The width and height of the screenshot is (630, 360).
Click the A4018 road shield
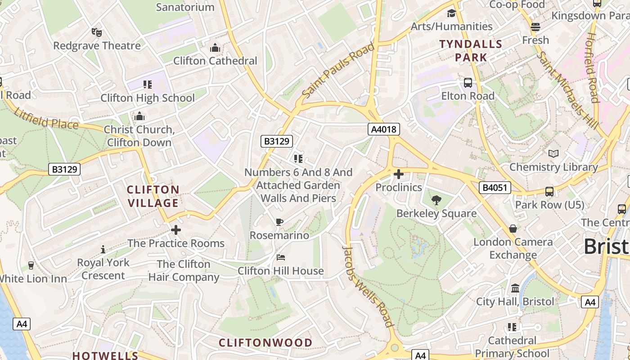(x=384, y=130)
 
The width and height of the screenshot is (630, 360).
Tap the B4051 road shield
(x=495, y=188)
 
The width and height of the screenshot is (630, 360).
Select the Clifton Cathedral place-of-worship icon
(x=215, y=48)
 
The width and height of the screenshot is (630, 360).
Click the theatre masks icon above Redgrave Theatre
(x=97, y=32)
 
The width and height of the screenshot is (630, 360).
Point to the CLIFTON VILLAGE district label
(x=153, y=196)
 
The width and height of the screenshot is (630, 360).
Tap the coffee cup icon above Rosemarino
(x=279, y=222)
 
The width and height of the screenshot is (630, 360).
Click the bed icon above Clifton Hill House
(x=281, y=257)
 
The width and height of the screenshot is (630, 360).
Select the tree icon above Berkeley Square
(x=436, y=200)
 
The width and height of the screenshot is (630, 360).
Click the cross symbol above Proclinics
(x=399, y=174)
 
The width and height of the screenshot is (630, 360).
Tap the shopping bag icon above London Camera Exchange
(x=513, y=229)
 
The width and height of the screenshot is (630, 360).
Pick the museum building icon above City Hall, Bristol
(x=515, y=288)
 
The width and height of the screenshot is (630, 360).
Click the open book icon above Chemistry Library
(x=553, y=154)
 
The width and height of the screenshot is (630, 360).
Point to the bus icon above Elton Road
(x=468, y=83)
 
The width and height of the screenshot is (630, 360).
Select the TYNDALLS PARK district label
(x=471, y=51)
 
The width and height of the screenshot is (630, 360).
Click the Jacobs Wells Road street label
(x=368, y=287)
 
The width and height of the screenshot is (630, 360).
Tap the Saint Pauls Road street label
(x=338, y=71)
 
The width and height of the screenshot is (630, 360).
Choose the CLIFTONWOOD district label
(x=265, y=343)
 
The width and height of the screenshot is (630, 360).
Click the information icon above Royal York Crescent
(x=103, y=249)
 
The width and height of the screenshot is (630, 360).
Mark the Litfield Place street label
(x=46, y=118)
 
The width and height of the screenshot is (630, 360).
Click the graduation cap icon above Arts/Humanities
(x=451, y=13)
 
